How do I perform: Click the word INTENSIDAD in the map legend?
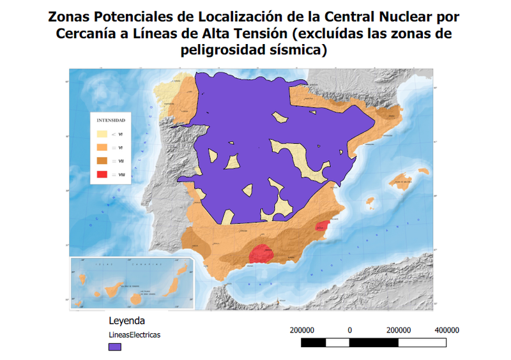pyautogui.click(x=111, y=120)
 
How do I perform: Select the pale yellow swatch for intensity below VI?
pyautogui.click(x=102, y=135)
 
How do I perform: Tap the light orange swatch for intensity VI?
pyautogui.click(x=102, y=148)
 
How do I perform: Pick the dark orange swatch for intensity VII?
pyautogui.click(x=102, y=161)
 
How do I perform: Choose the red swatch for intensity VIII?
pyautogui.click(x=102, y=174)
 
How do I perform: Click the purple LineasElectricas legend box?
pyautogui.click(x=115, y=347)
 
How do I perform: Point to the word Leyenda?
pyautogui.click(x=126, y=320)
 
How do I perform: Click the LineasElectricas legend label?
pyautogui.click(x=134, y=334)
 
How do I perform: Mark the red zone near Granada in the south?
pyautogui.click(x=261, y=253)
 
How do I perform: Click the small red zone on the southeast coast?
pyautogui.click(x=323, y=226)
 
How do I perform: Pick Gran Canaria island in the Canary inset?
pyautogui.click(x=135, y=298)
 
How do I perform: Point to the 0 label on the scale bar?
pyautogui.click(x=350, y=330)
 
